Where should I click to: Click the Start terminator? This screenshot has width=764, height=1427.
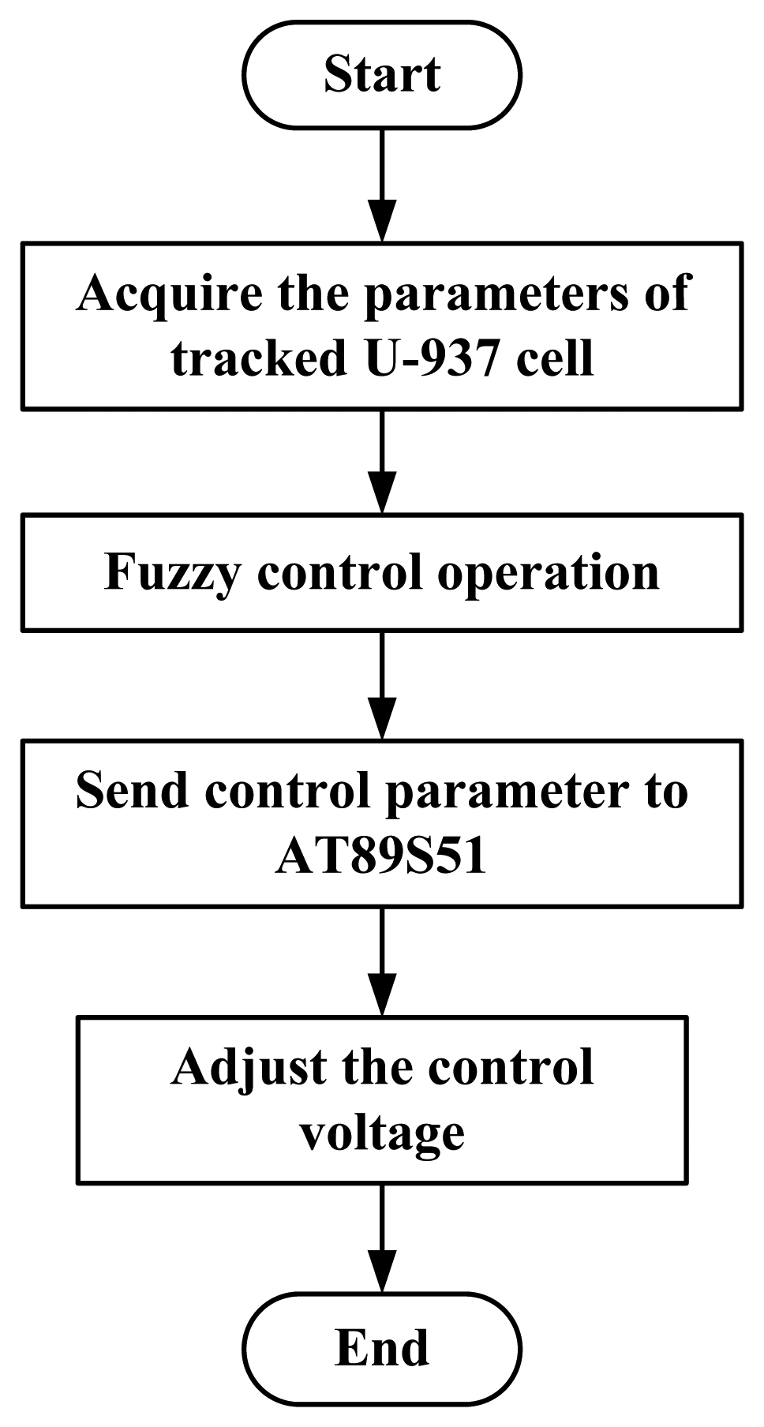point(382,75)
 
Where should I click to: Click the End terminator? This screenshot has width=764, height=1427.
point(382,1348)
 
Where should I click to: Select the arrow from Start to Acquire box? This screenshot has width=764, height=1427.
point(382,185)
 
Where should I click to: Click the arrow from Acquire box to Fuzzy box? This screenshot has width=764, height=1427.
point(382,462)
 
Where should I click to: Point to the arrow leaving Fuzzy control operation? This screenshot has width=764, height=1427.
point(382,685)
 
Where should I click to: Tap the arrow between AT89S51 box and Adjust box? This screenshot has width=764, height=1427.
point(382,961)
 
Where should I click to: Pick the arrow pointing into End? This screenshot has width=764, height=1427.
point(382,1238)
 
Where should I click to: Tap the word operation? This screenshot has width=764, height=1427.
point(549,573)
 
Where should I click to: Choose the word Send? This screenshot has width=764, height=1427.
point(132,790)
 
